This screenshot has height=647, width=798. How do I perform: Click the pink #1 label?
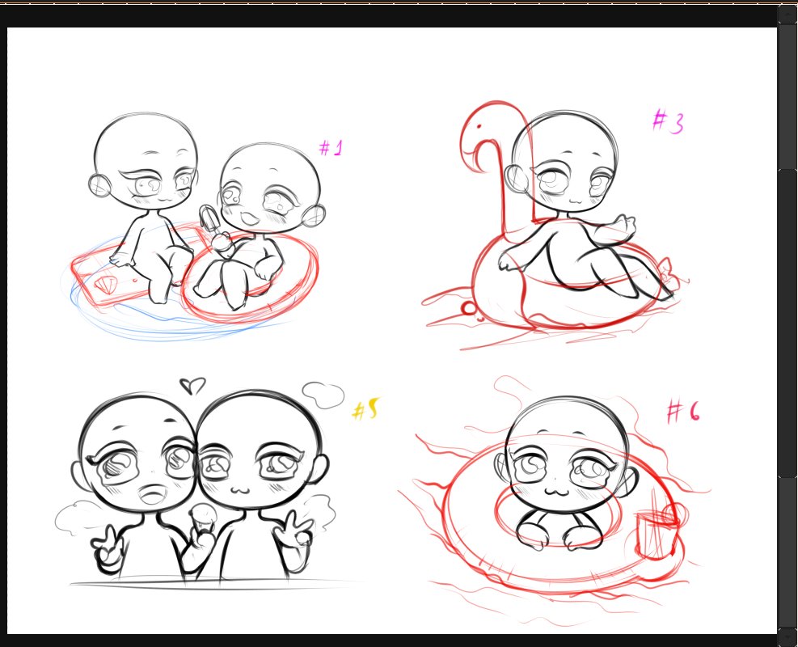[331, 148]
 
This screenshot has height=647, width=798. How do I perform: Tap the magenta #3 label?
[668, 121]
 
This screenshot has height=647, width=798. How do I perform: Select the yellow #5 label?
[366, 408]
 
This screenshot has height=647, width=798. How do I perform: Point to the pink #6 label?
[683, 412]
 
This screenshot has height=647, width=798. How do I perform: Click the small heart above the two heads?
[192, 385]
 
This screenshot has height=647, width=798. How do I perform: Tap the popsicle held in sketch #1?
[209, 220]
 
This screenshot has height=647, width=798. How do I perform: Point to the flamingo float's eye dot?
[479, 126]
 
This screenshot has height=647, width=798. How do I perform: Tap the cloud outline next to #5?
[323, 395]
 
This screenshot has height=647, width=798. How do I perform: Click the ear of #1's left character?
[99, 184]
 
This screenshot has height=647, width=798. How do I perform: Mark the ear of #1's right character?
[313, 216]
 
